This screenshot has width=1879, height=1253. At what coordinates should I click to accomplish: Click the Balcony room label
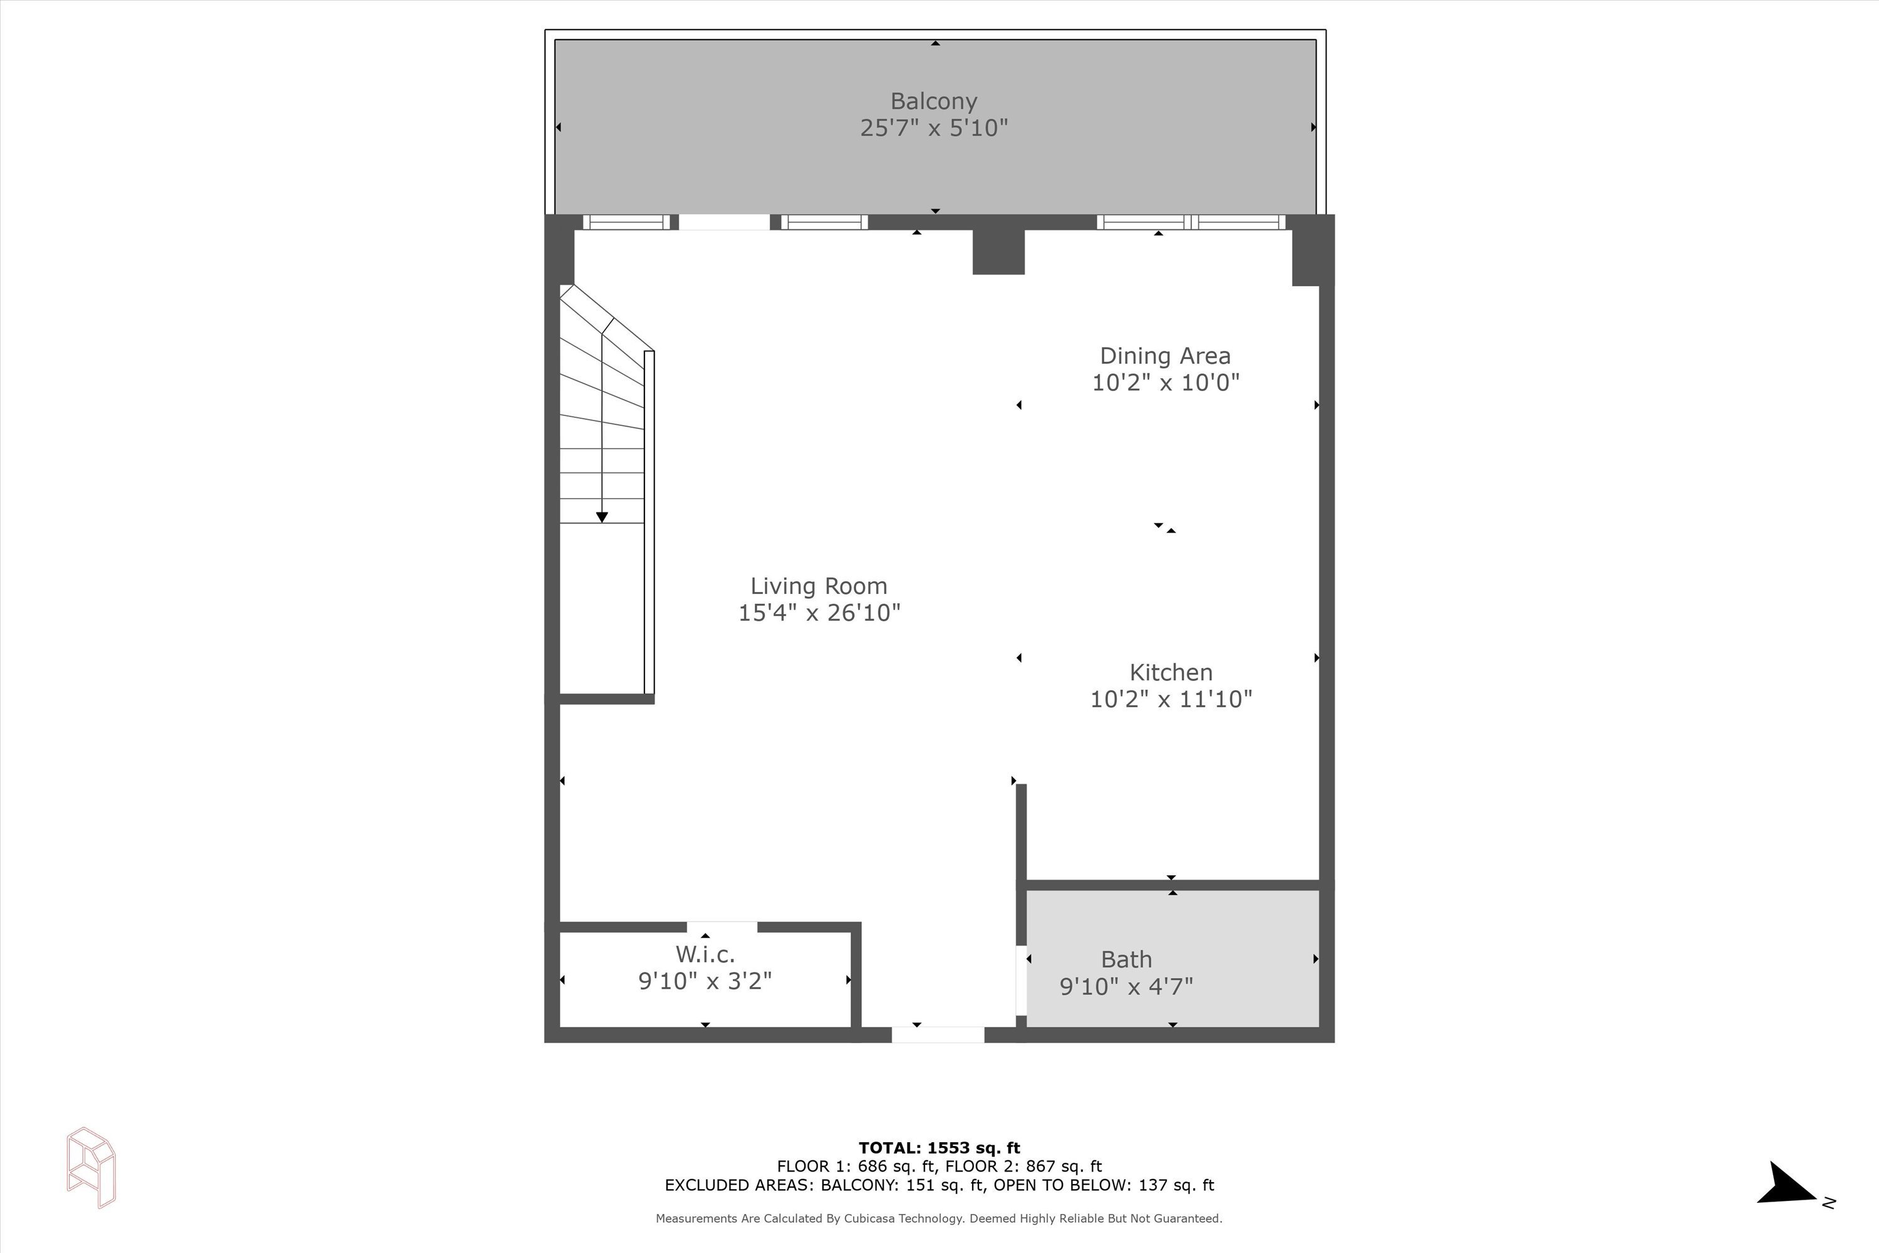934,101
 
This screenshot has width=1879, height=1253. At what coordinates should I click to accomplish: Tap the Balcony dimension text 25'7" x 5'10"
934,128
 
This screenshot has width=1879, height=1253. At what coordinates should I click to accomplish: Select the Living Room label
819,586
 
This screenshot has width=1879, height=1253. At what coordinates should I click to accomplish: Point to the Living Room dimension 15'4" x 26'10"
819,613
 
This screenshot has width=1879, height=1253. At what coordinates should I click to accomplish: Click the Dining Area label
1166,356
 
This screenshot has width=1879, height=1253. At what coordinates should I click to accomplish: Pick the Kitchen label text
1171,673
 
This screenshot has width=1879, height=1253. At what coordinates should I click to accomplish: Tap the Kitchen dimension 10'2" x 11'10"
1171,699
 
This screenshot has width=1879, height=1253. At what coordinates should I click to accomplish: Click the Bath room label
1126,959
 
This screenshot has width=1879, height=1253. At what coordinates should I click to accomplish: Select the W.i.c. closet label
705,954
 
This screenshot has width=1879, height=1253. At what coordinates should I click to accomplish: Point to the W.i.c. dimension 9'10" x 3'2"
705,980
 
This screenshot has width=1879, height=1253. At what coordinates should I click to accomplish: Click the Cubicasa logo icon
91,1168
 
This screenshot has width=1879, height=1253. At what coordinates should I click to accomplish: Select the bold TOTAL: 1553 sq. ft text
939,1148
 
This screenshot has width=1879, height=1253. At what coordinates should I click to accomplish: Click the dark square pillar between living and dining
998,252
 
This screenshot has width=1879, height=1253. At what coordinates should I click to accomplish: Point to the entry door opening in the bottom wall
938,1035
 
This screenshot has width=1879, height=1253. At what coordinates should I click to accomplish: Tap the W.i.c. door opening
722,927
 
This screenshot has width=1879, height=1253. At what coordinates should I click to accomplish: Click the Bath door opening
1021,980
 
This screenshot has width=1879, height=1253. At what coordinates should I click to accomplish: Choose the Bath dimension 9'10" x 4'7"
1126,986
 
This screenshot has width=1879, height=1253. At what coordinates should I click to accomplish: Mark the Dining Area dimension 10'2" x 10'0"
1166,383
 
